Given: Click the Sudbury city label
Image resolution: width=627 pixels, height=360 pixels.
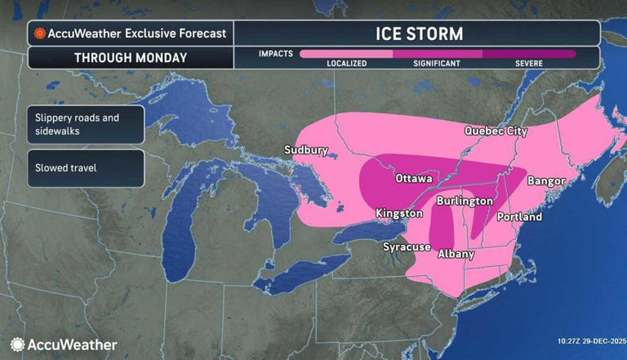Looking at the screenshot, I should point(306,150).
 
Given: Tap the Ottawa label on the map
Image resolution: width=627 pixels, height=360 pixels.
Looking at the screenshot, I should point(413,178).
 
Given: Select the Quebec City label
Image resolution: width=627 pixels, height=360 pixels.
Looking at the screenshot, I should point(496,131).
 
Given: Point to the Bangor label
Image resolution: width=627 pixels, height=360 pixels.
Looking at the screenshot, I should point(546,180).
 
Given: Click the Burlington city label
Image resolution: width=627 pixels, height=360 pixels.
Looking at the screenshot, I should point(465,200).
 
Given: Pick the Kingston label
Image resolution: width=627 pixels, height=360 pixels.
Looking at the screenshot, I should point(399,213).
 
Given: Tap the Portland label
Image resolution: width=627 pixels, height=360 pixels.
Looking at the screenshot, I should point(519,217).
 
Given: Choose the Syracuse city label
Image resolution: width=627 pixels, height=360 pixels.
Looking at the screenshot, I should point(407,247).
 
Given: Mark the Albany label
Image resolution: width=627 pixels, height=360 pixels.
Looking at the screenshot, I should point(456,254).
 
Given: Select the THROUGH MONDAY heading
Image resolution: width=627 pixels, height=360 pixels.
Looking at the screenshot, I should point(131,58).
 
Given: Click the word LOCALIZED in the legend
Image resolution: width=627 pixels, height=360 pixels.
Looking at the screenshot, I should point(346,63).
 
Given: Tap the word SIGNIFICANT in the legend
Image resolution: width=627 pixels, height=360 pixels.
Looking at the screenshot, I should point(437,63).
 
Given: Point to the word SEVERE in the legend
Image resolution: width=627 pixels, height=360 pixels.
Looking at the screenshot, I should point(528,63).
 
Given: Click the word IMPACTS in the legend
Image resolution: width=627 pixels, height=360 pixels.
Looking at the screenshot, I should point(276,54).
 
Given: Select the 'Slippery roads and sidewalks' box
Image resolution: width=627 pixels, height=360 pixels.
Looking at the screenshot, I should point(85,124).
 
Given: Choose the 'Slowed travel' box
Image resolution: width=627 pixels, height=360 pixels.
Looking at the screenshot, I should point(85,168).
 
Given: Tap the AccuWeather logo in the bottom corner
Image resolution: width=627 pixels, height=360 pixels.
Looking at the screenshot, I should point(64,344).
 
